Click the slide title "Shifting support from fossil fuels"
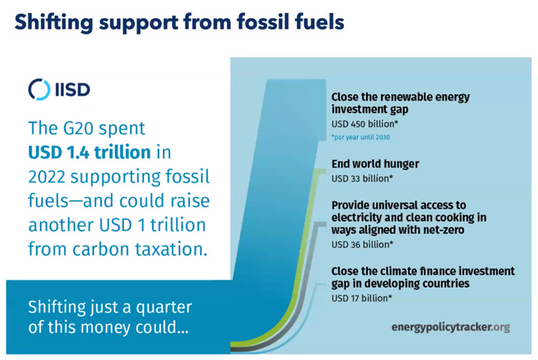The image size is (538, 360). point(179,22)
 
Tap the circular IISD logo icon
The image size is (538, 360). point(39,89)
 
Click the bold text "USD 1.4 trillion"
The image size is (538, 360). point(89,152)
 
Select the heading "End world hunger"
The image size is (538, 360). point(375,163)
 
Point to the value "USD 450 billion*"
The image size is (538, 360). point(365,124)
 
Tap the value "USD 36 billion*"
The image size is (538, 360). point(362,244)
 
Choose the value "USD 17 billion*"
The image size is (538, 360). point(361,297)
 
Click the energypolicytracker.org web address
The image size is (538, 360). point(450,327)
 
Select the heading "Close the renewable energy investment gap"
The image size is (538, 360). point(401,103)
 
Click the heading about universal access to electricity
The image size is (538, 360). point(409,217)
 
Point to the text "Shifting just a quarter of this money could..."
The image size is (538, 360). point(110,318)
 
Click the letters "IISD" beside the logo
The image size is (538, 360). point(73,90)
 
